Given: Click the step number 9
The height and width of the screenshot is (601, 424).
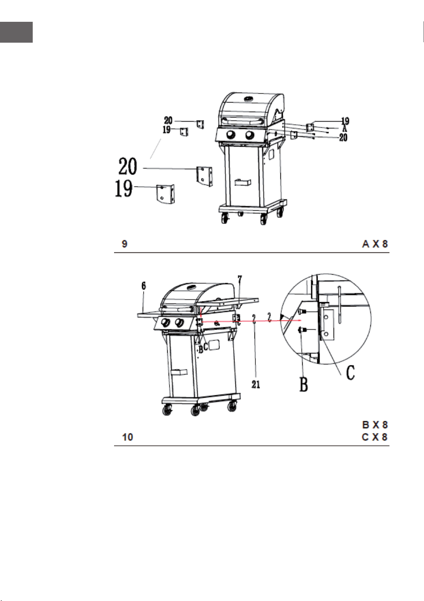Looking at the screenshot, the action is [x=125, y=244].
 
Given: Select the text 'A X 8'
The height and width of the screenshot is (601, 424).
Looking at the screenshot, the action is [x=375, y=244].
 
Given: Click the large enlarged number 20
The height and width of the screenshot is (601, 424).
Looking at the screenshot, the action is [x=128, y=166].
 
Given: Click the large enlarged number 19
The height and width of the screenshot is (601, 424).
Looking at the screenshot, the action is [x=124, y=188].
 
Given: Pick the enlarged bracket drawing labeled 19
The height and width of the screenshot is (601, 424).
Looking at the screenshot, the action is [x=165, y=194].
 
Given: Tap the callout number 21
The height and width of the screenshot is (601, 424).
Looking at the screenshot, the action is [x=256, y=384].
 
